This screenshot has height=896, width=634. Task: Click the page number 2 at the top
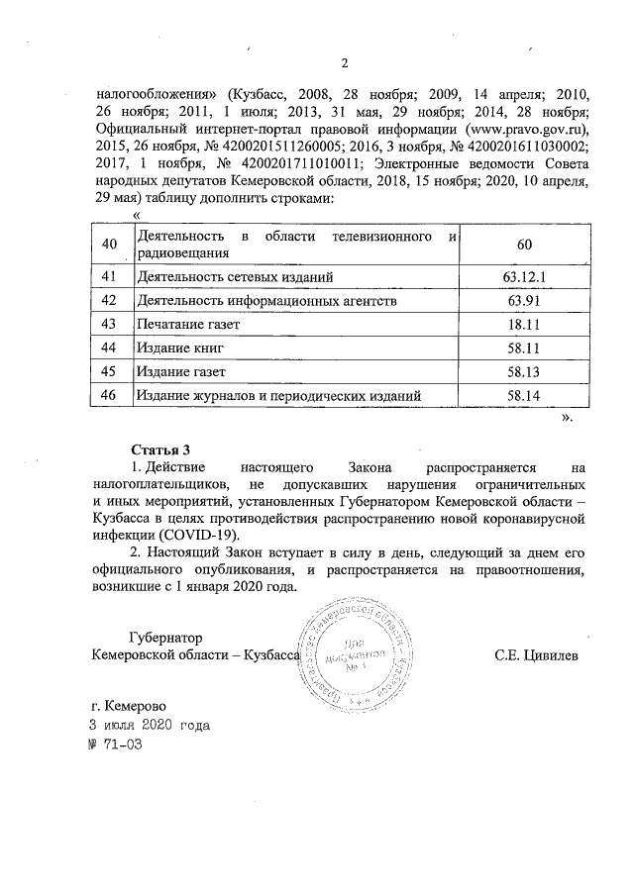(x=344, y=65)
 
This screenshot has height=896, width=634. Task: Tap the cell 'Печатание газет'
(x=189, y=324)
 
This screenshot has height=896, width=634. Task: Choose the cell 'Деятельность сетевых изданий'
(x=235, y=276)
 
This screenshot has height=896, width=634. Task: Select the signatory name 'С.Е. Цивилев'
(x=537, y=655)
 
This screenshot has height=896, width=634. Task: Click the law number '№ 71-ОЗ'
(x=116, y=745)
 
